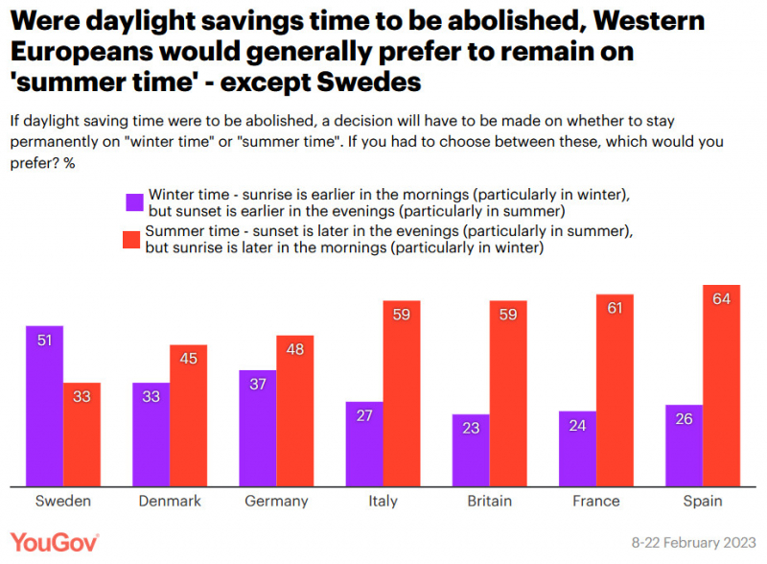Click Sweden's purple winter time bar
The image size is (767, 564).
pyautogui.click(x=44, y=406)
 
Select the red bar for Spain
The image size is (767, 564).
pyautogui.click(x=722, y=386)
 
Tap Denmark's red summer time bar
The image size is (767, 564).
pyautogui.click(x=188, y=415)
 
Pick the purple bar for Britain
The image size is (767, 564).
pyautogui.click(x=471, y=451)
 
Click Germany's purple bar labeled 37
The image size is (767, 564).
pyautogui.click(x=258, y=429)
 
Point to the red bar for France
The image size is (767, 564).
pyautogui.click(x=615, y=390)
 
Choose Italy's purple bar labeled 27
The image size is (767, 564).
pyautogui.click(x=364, y=444)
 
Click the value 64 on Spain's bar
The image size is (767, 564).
pyautogui.click(x=722, y=298)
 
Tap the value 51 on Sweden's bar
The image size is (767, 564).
pyautogui.click(x=44, y=341)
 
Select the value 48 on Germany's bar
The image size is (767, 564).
pyautogui.click(x=295, y=349)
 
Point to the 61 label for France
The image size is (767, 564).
pyautogui.click(x=615, y=308)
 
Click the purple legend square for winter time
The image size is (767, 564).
pyautogui.click(x=134, y=202)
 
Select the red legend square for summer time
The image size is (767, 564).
pyautogui.click(x=131, y=240)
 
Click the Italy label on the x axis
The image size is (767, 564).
pyautogui.click(x=383, y=501)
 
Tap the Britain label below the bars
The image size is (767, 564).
pyautogui.click(x=490, y=501)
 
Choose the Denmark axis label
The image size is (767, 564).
pyautogui.click(x=170, y=501)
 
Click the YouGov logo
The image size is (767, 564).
pyautogui.click(x=55, y=543)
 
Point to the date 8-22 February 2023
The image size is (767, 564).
pyautogui.click(x=693, y=543)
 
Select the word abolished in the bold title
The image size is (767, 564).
pyautogui.click(x=515, y=20)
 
